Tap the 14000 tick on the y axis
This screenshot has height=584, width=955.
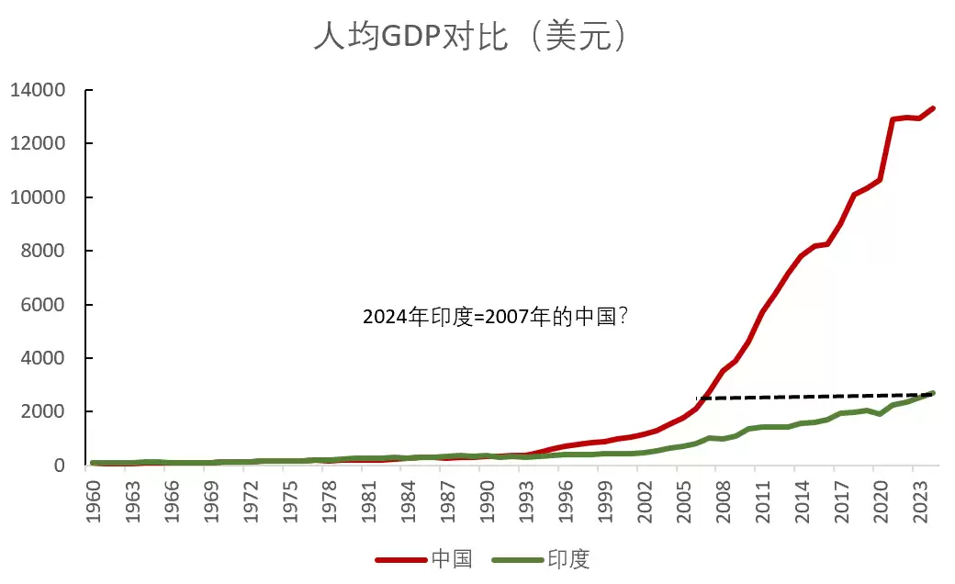pyautogui.click(x=38, y=90)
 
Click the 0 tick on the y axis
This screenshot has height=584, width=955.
pyautogui.click(x=59, y=465)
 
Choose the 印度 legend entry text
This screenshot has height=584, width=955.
pyautogui.click(x=568, y=558)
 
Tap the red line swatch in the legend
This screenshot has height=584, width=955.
pyautogui.click(x=399, y=558)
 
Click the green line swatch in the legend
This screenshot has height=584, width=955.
pyautogui.click(x=516, y=558)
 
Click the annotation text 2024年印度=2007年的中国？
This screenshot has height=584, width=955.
pyautogui.click(x=496, y=318)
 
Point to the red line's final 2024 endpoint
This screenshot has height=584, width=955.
pyautogui.click(x=932, y=108)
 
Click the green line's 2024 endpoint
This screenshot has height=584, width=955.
pyautogui.click(x=932, y=393)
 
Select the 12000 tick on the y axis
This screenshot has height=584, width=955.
pyautogui.click(x=38, y=143)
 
